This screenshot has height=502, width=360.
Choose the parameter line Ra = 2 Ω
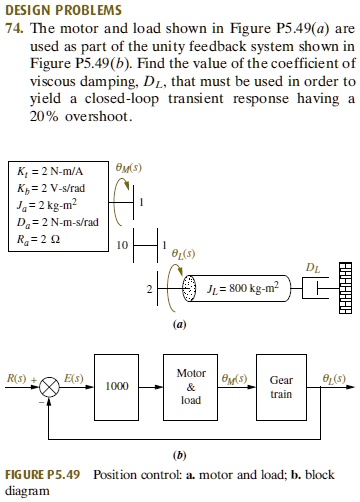(x=36, y=236)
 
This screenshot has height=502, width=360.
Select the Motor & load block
(x=190, y=386)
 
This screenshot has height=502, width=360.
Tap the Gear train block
(x=281, y=386)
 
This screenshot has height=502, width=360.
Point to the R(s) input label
(x=17, y=378)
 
